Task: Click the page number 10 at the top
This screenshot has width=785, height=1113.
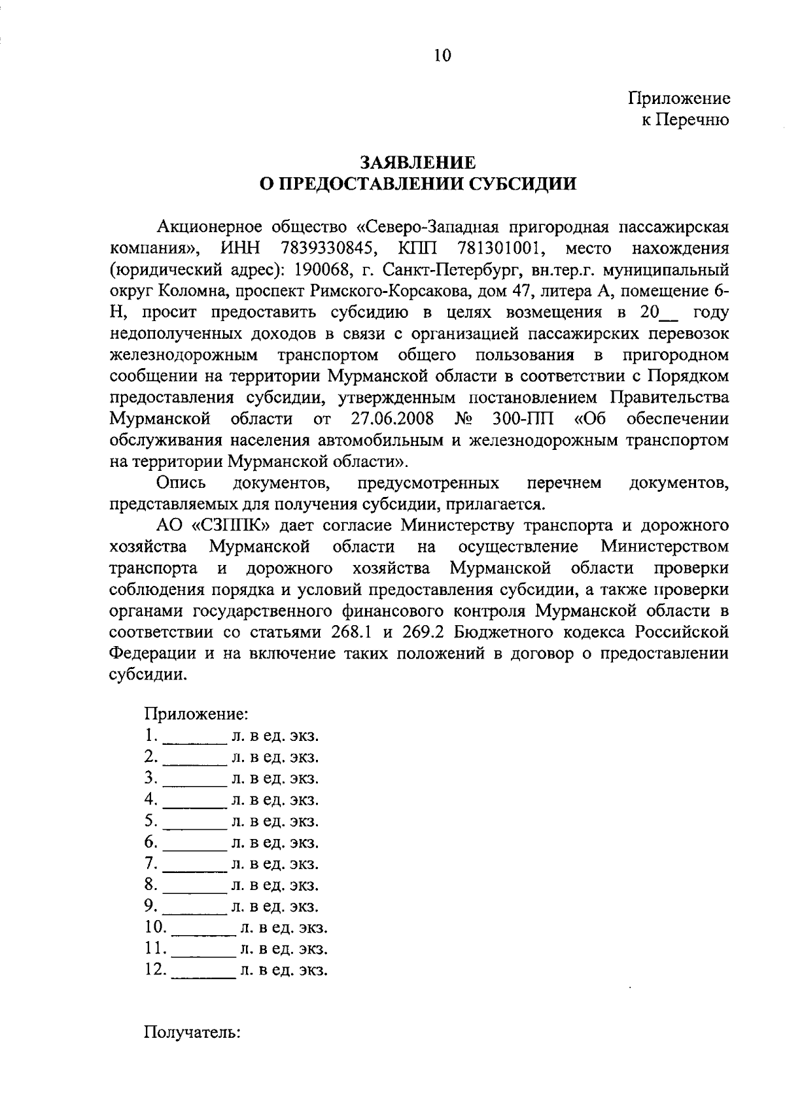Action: tap(443, 56)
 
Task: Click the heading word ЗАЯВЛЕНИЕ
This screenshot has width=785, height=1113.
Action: tap(418, 163)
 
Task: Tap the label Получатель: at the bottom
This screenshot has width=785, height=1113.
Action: tap(193, 1033)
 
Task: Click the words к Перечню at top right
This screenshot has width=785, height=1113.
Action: tap(684, 120)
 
